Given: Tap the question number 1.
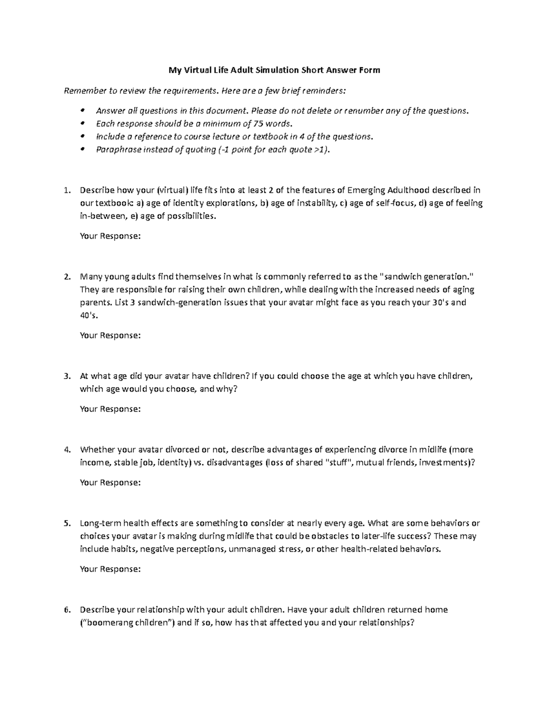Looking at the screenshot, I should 67,190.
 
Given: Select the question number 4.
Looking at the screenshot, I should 67,449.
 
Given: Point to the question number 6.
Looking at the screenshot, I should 67,609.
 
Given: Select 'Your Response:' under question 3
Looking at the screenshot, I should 110,409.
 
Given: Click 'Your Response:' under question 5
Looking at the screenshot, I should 110,569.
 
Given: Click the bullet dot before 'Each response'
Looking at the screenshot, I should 82,123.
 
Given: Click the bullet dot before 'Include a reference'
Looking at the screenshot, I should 82,137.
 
